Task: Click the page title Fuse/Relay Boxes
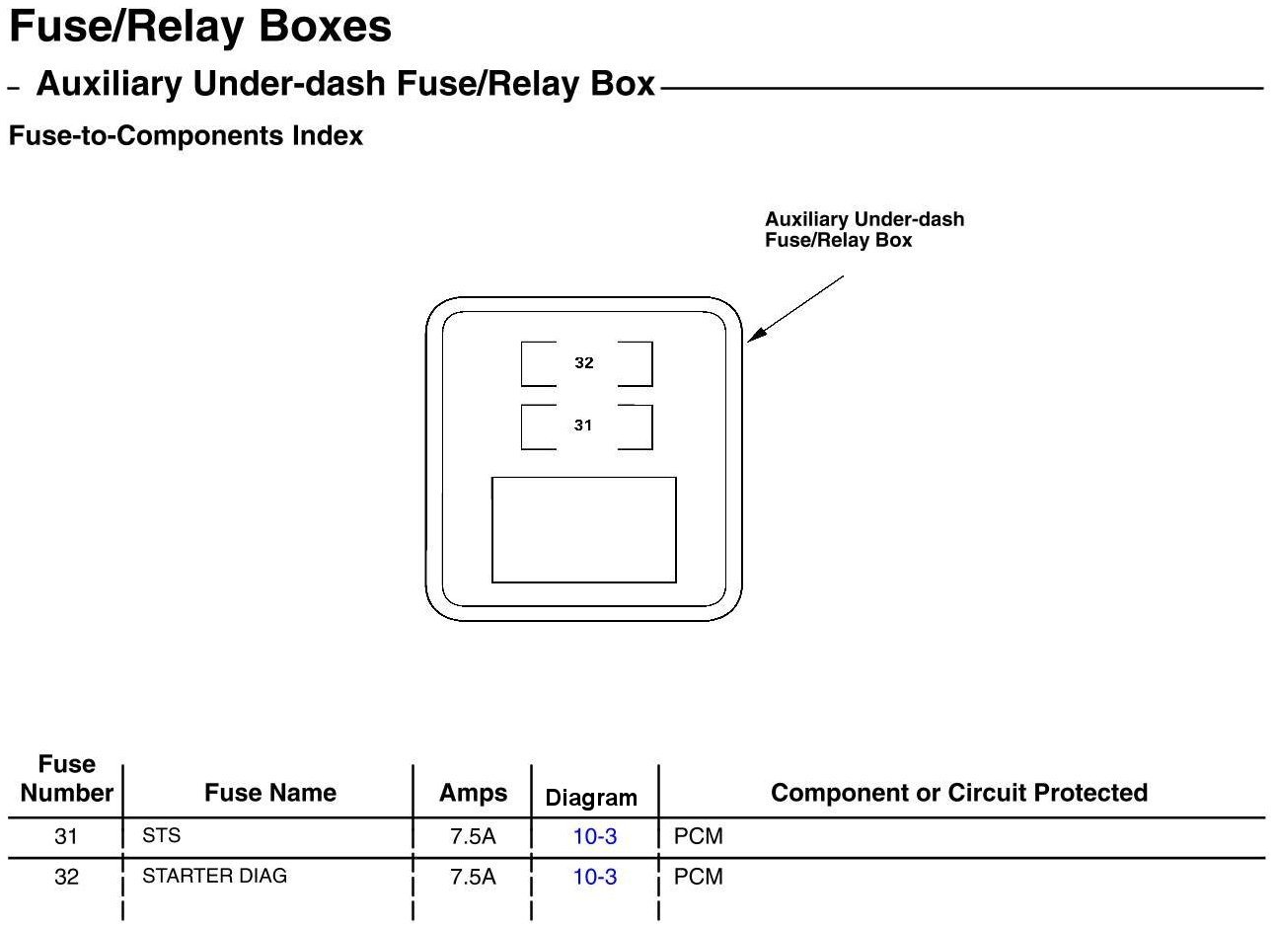point(200,28)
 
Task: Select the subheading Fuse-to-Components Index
point(186,136)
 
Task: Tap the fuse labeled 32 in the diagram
point(585,363)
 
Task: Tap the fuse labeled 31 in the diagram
point(585,426)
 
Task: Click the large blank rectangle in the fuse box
point(583,530)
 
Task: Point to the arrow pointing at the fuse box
point(795,309)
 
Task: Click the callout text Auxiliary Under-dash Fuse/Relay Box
point(864,230)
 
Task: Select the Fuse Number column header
point(66,779)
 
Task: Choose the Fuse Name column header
point(269,793)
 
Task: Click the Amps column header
point(473,793)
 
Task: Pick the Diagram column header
point(591,798)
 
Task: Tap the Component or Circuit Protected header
point(958,793)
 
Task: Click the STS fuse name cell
point(162,835)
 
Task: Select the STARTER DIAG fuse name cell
point(214,876)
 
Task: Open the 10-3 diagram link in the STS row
point(595,837)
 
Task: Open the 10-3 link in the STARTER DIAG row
point(595,877)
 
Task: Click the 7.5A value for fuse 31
point(473,837)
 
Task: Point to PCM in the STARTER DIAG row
point(698,877)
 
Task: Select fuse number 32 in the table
point(66,877)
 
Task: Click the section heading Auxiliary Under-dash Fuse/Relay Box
point(345,85)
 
